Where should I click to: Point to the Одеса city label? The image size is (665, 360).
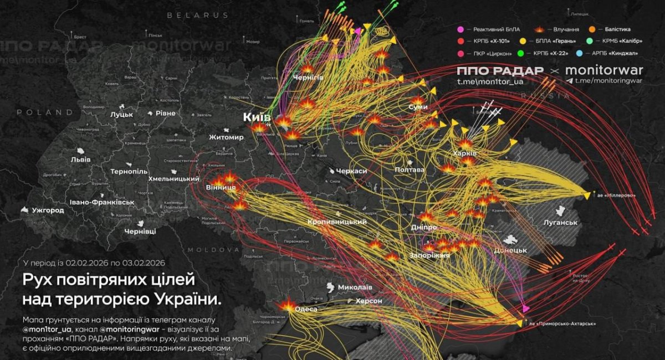[x=306, y=309]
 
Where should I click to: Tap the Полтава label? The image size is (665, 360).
[x=410, y=169]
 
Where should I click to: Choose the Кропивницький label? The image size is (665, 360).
[x=337, y=222]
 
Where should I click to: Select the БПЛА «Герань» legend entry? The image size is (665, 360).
[x=555, y=41]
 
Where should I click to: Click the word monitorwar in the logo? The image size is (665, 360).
[x=603, y=70]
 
